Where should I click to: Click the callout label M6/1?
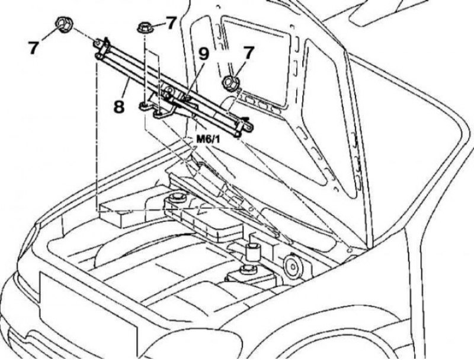pyautogui.click(x=209, y=139)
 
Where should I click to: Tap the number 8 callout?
pyautogui.click(x=119, y=106)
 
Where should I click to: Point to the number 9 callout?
pyautogui.click(x=203, y=55)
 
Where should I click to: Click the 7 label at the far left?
pyautogui.click(x=34, y=47)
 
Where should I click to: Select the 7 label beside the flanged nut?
pyautogui.click(x=171, y=23)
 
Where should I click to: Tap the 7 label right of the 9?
pyautogui.click(x=248, y=53)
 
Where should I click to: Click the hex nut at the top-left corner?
pyautogui.click(x=63, y=25)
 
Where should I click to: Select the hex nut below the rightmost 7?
pyautogui.click(x=230, y=83)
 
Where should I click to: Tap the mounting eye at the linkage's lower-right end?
pyautogui.click(x=248, y=128)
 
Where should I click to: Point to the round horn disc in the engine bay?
pyautogui.click(x=292, y=266)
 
